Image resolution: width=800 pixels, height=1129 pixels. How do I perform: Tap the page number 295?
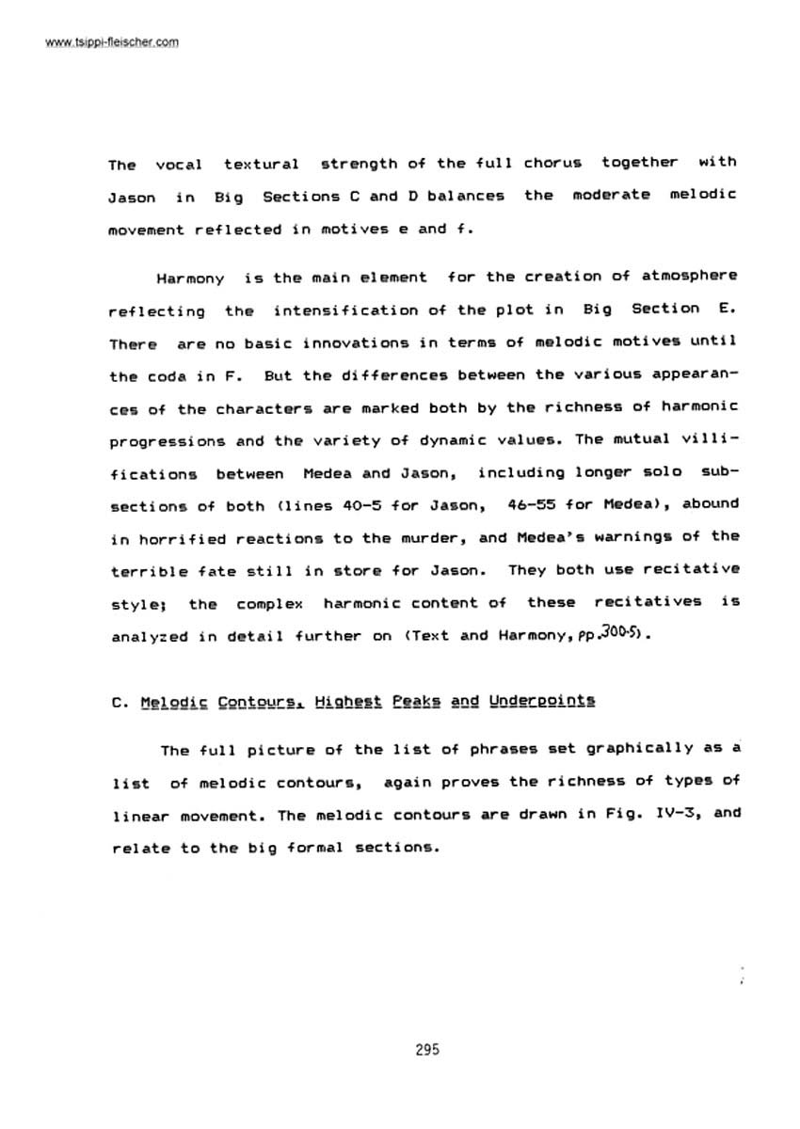[x=427, y=1050]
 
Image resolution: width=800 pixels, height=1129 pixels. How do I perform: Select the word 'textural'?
[x=262, y=164]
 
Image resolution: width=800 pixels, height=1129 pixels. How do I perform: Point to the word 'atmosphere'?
[x=690, y=276]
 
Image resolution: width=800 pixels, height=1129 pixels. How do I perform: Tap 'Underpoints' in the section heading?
[x=542, y=702]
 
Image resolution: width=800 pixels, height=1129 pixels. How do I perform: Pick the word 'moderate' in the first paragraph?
[x=616, y=196]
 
